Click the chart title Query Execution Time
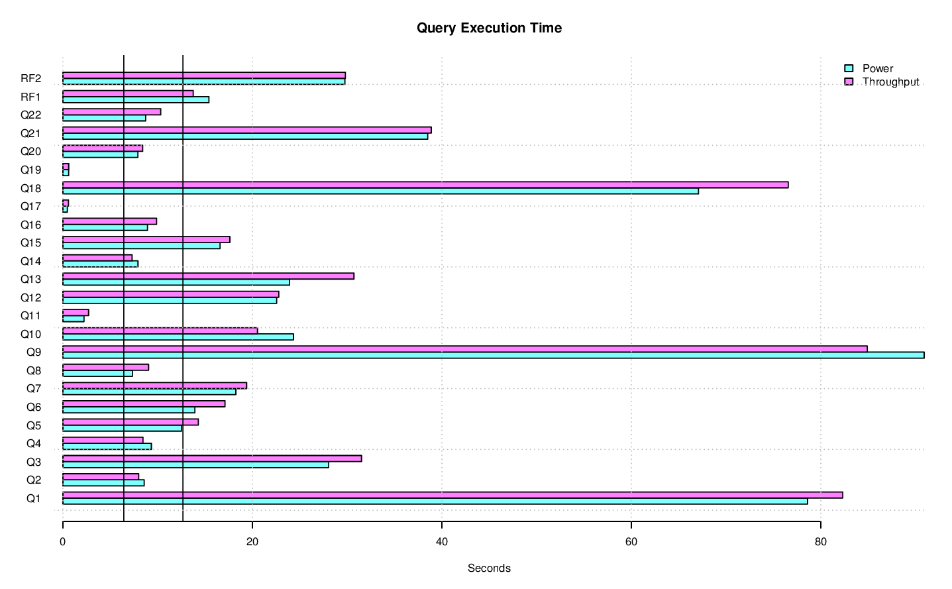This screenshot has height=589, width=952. [489, 28]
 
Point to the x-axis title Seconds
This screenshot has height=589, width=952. [489, 568]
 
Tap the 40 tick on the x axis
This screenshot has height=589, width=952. [441, 541]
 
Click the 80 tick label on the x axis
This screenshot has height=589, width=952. [820, 541]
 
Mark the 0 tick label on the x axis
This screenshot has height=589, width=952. [63, 541]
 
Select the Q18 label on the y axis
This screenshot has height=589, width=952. [31, 188]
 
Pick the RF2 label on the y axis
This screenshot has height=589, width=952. [31, 78]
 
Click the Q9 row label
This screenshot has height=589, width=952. [34, 352]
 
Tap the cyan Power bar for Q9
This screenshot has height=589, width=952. [493, 355]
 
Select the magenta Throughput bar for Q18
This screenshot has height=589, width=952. [425, 185]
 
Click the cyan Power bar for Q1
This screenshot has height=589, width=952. [435, 501]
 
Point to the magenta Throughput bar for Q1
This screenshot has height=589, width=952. [452, 495]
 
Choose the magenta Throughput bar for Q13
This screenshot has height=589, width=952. [208, 276]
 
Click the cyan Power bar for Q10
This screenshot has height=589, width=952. [178, 337]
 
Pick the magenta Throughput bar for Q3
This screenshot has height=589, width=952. [212, 458]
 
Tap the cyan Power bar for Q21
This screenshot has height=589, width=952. [245, 136]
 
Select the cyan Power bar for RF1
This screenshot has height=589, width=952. [136, 100]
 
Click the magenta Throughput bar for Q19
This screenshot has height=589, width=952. [66, 166]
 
